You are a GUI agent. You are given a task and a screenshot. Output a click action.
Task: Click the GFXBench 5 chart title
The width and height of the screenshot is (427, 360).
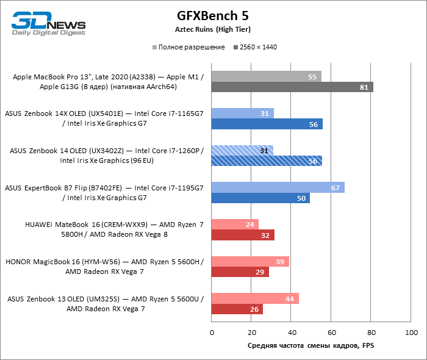213,15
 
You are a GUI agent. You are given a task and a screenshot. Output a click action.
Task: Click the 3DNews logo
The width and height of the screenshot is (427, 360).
48,24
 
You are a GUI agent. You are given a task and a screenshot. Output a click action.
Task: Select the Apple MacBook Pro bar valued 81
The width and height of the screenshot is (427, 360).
292,87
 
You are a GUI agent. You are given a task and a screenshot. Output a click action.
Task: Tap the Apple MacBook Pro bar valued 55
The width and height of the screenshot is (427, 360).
266,76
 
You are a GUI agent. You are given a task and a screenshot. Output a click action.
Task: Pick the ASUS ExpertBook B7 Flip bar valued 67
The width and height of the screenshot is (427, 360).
278,187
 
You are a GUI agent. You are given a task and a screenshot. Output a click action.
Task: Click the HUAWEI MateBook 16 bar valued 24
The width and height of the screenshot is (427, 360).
235,224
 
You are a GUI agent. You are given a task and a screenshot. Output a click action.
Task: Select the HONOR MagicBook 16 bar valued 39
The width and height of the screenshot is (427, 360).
250,261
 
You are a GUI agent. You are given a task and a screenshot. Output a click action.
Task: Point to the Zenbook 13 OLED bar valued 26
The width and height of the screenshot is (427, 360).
237,309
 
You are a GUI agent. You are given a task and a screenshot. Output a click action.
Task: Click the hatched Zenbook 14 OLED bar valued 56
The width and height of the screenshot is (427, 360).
267,161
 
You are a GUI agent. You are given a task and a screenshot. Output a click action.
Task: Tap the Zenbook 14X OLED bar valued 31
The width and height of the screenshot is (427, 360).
242,113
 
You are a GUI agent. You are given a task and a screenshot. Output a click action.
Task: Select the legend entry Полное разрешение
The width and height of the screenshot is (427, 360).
188,47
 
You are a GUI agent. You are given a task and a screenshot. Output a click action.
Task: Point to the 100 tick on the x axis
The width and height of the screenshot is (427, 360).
411,333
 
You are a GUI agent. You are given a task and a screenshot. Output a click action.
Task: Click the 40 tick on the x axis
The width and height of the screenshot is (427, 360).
292,333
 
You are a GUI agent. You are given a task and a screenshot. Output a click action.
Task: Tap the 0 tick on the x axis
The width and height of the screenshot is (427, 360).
212,333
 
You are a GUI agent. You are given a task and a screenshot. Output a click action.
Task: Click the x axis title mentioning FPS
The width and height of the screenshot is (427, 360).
311,345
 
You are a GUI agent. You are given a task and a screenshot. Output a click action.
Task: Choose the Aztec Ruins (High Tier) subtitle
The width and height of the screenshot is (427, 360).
213,29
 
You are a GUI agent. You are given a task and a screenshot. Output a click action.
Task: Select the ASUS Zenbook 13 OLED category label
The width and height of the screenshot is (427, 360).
106,304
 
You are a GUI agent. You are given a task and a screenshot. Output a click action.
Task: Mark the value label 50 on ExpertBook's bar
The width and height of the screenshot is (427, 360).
301,198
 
